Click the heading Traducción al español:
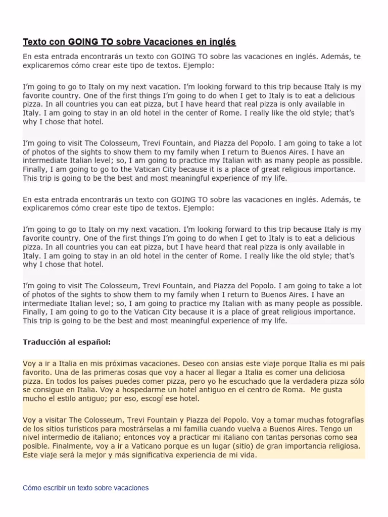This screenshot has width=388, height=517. click(67, 342)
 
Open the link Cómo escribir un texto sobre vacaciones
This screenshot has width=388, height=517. click(86, 488)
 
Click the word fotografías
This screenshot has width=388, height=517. click(343, 420)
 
